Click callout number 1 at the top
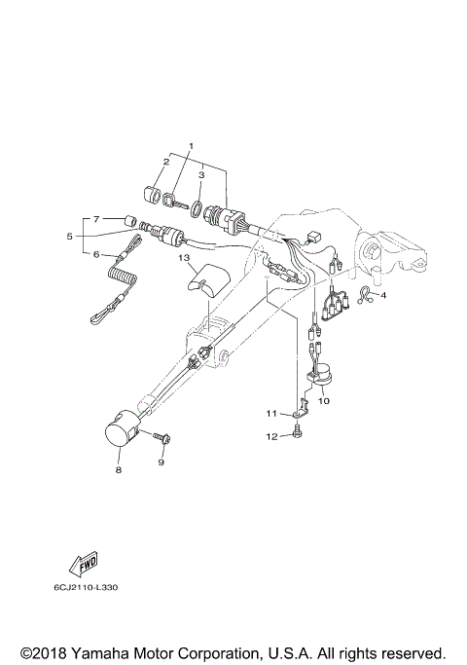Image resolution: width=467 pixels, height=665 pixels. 191,146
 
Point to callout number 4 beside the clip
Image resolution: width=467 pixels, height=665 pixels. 383,295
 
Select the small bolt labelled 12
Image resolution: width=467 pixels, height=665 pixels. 295,436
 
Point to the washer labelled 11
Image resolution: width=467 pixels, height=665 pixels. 294,415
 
